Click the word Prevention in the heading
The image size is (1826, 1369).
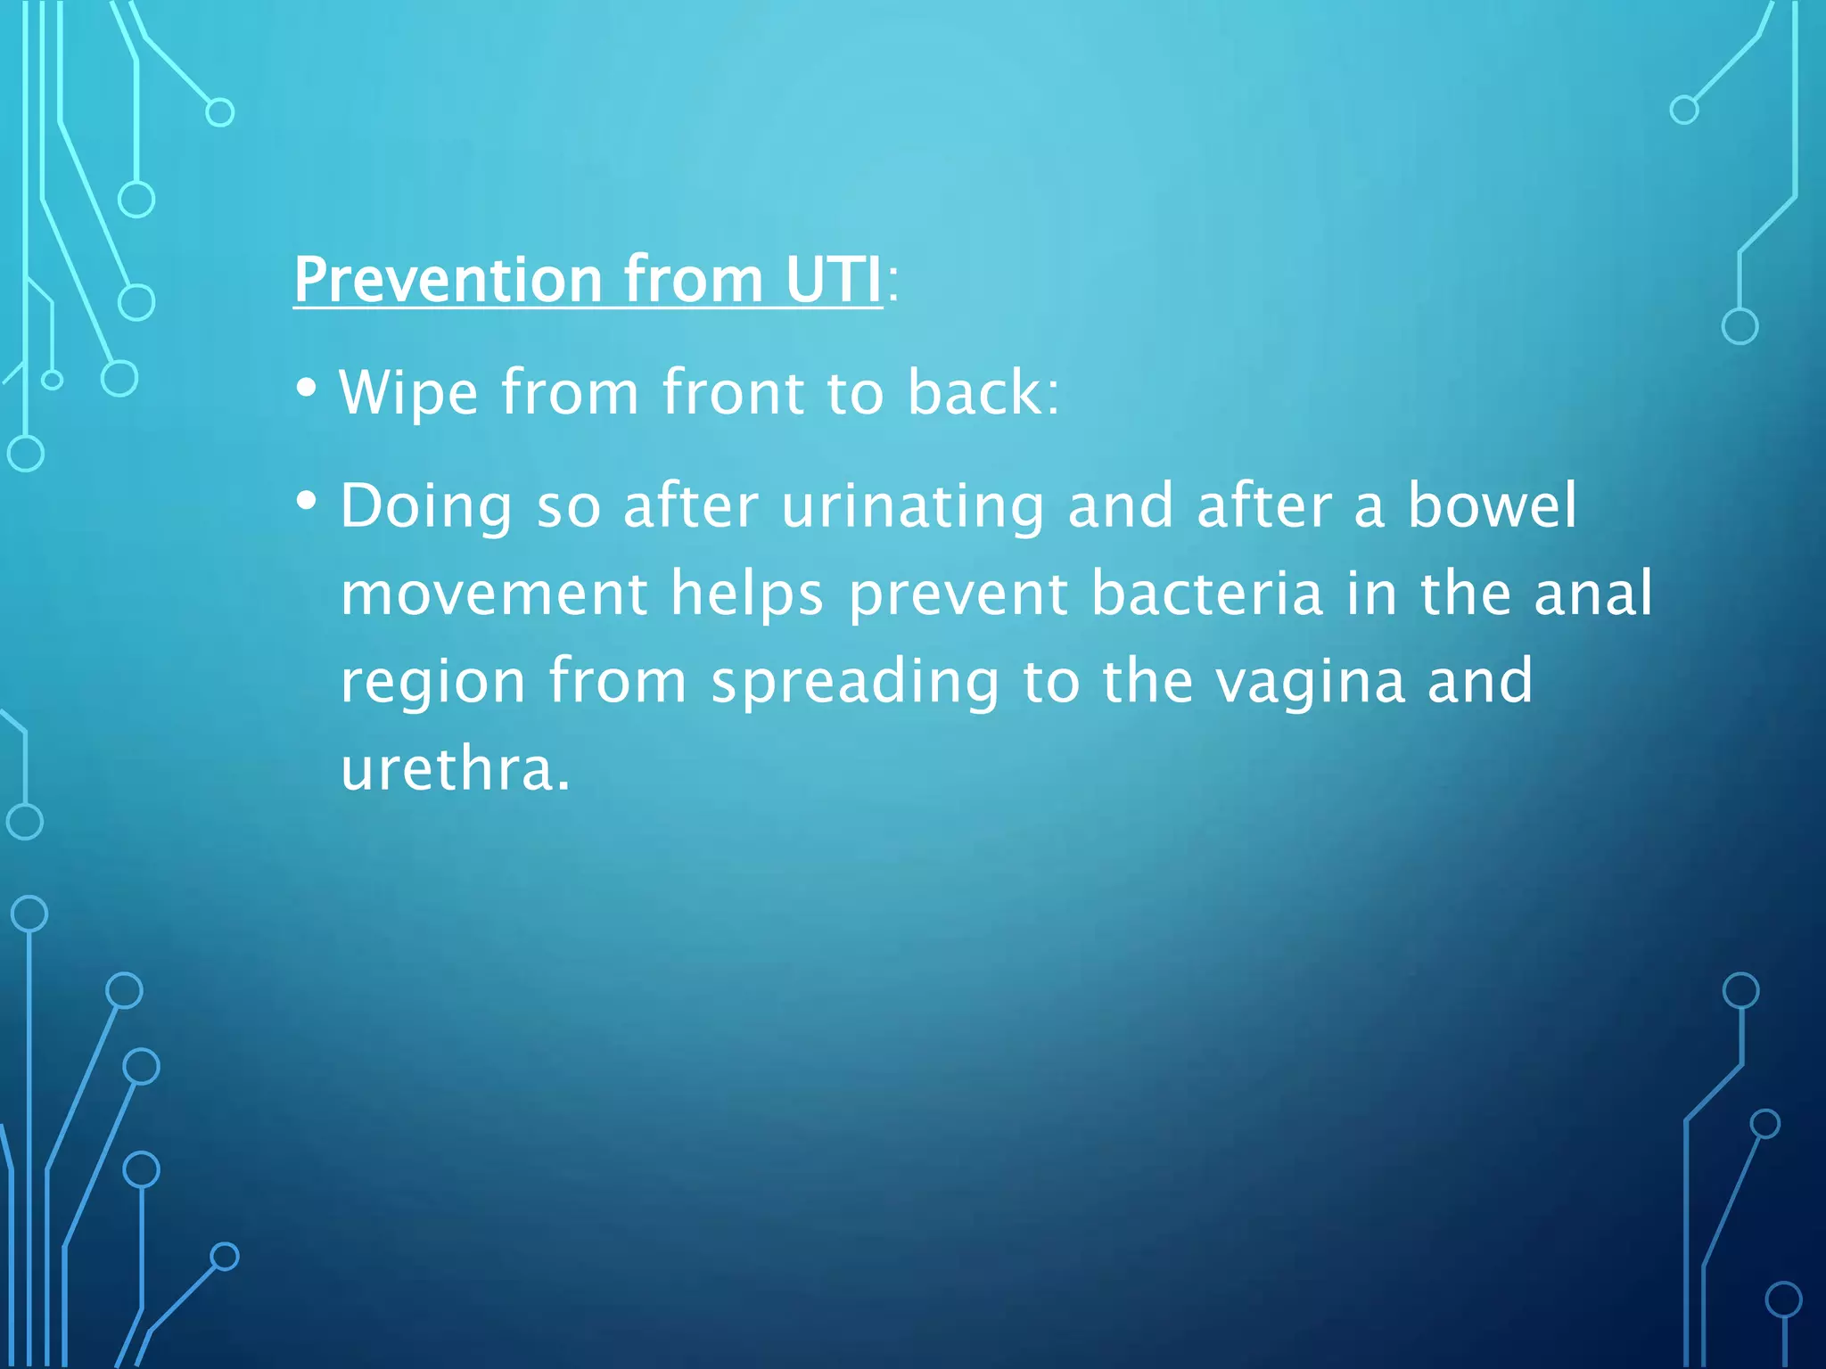point(448,279)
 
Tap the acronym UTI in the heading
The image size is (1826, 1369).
point(833,279)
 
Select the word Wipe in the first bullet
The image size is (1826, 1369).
point(408,392)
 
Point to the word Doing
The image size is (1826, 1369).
point(426,506)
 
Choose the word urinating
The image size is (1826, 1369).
point(912,506)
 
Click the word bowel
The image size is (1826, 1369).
point(1492,506)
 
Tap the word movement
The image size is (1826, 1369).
point(494,594)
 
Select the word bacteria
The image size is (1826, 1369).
point(1207,594)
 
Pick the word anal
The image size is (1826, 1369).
point(1592,594)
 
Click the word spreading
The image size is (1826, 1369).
point(855,682)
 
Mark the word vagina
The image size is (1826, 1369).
point(1311,682)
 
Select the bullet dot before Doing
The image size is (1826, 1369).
point(306,502)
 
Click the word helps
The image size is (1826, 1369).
point(747,594)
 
